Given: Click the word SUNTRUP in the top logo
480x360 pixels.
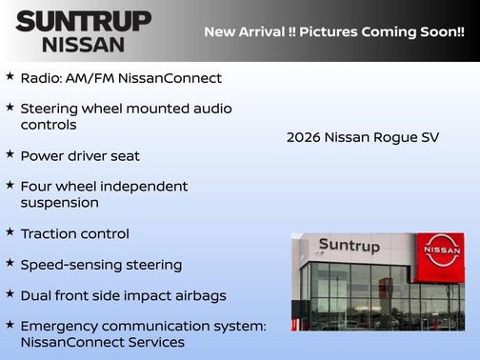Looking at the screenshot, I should pyautogui.click(x=84, y=20).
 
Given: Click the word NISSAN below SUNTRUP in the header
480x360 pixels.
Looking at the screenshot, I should pyautogui.click(x=84, y=43).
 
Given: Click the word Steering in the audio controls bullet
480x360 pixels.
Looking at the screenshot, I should pyautogui.click(x=50, y=109).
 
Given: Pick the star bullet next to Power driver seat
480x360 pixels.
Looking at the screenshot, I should pyautogui.click(x=10, y=153).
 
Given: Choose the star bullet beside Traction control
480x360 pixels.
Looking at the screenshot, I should pyautogui.click(x=10, y=231).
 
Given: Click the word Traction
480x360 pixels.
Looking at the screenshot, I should pyautogui.click(x=49, y=233).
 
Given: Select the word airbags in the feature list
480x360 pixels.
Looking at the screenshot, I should pyautogui.click(x=197, y=295).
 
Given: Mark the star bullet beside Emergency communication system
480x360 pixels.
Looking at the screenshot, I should pyautogui.click(x=10, y=324).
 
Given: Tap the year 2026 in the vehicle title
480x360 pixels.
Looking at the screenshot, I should pyautogui.click(x=304, y=137).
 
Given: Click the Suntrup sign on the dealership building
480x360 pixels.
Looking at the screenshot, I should pyautogui.click(x=349, y=247).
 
